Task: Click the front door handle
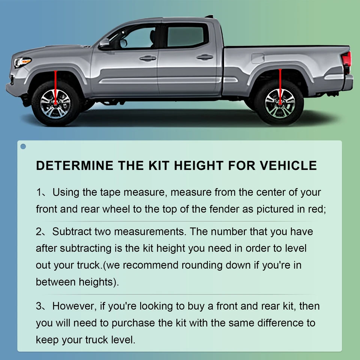(x=148, y=58)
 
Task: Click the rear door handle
(x=204, y=57)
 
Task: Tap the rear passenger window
(x=186, y=37)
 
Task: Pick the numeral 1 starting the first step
(x=39, y=193)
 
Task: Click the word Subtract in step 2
(x=73, y=232)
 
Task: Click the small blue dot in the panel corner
(x=23, y=146)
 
